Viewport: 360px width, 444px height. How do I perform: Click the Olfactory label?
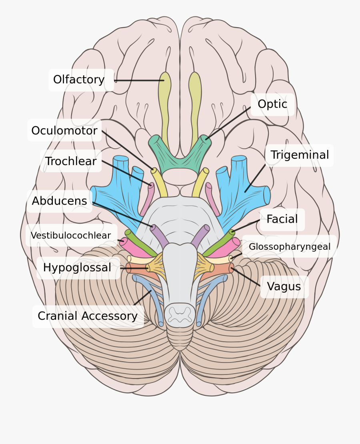[79, 80]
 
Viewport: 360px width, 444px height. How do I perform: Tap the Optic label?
[272, 104]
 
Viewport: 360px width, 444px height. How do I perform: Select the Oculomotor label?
[64, 131]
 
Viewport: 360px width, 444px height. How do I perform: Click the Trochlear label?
[71, 161]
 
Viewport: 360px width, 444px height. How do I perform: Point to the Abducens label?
[60, 201]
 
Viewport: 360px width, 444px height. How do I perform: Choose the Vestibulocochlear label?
[71, 236]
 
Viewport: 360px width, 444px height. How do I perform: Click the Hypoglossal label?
[77, 268]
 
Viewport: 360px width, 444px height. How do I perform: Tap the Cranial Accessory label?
[88, 316]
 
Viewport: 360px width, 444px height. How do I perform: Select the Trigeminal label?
[300, 155]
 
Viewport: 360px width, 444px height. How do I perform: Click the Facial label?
[282, 219]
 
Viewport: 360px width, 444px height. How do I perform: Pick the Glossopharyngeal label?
[290, 247]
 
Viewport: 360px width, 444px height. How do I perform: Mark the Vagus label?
[284, 287]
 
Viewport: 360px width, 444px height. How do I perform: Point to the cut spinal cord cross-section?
[180, 313]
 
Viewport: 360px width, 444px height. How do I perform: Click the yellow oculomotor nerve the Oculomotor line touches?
[158, 182]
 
